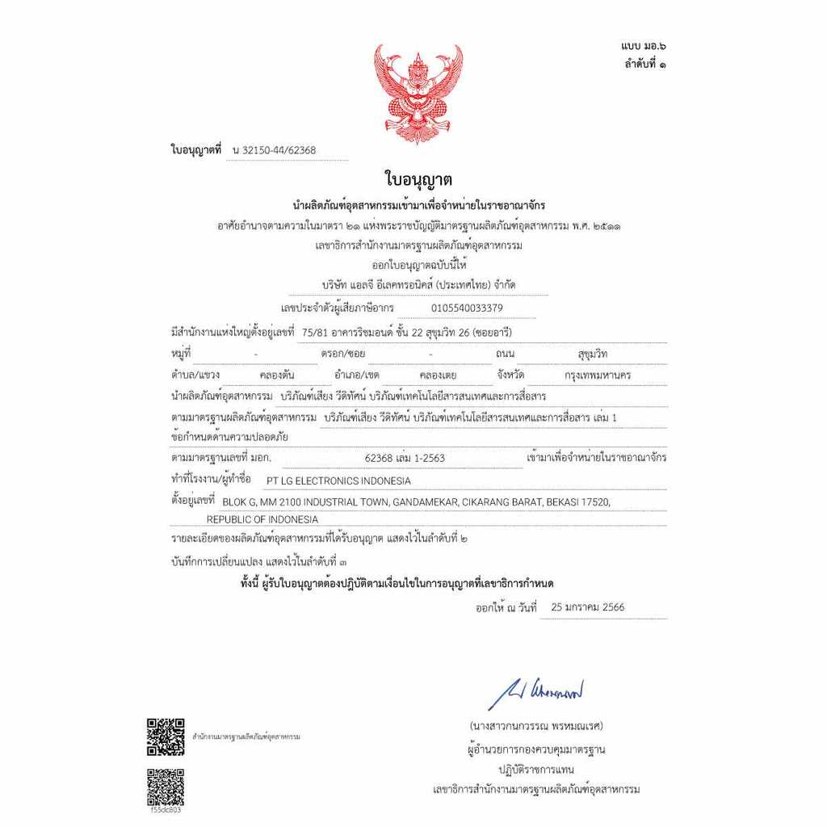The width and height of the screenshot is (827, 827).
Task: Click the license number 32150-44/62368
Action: tap(274, 150)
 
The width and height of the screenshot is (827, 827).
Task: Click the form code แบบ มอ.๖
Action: tap(644, 48)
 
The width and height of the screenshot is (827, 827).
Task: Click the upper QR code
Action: tap(166, 736)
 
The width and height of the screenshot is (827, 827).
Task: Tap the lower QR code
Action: tap(166, 787)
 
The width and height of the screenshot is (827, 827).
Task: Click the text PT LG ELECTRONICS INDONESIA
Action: tap(343, 481)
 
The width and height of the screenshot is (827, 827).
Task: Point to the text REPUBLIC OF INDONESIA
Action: tap(262, 519)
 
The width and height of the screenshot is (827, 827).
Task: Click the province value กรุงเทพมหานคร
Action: tap(598, 376)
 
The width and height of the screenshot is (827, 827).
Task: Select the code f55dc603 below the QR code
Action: tap(166, 810)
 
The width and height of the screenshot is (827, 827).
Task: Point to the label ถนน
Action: tap(506, 354)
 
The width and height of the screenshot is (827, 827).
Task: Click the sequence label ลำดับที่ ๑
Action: tap(645, 64)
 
